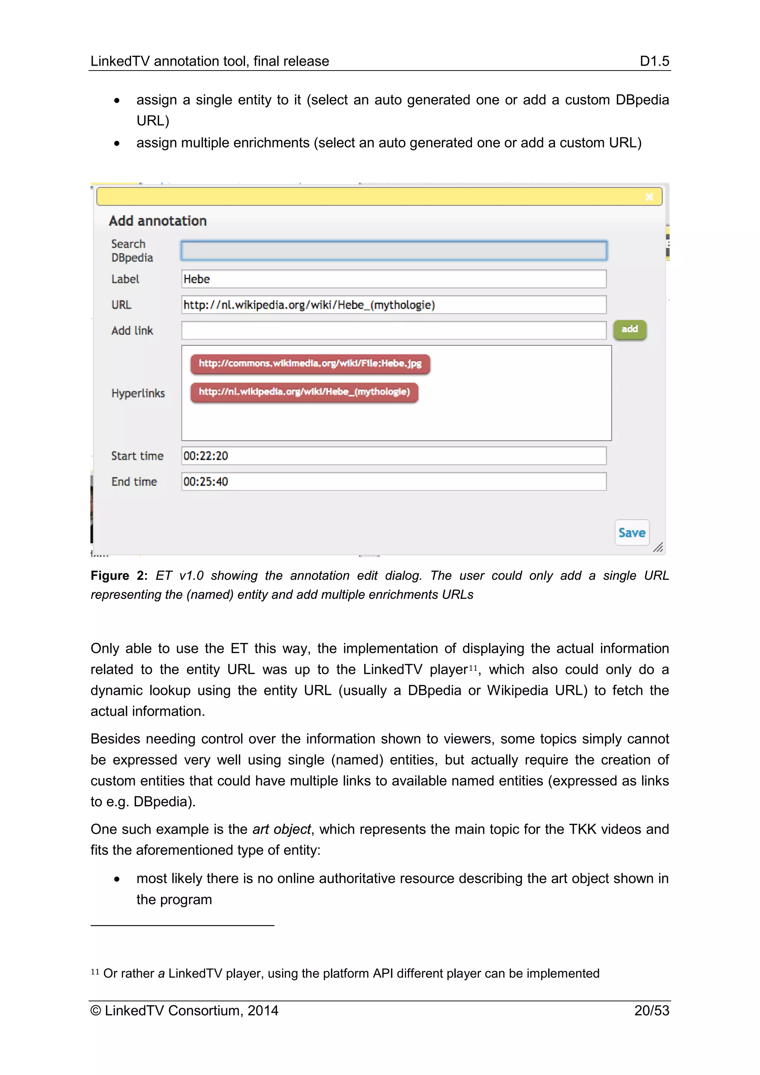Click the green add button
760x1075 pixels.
pos(629,330)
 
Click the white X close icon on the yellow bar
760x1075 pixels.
pos(649,197)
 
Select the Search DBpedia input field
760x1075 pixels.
pos(394,251)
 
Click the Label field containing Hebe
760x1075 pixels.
pos(394,279)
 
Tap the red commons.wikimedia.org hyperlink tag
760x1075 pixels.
pos(310,364)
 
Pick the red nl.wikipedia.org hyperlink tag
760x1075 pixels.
pos(304,392)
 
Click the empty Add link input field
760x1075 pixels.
pos(394,330)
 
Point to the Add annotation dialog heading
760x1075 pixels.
pos(158,221)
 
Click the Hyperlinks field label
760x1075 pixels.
pos(138,393)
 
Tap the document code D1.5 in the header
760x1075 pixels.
pos(654,61)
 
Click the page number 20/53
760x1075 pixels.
pos(651,1010)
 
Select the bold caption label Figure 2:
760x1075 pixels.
pos(119,575)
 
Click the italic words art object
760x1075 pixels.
pos(282,829)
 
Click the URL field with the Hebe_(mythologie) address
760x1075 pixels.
pos(394,305)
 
